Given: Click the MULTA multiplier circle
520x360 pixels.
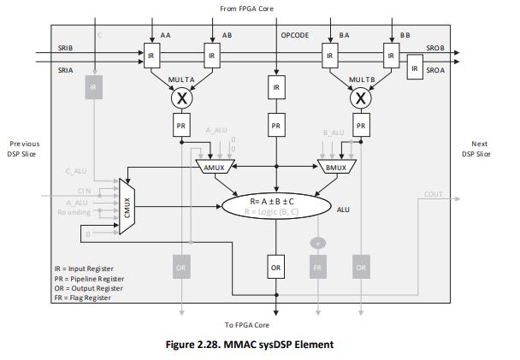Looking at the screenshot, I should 182,98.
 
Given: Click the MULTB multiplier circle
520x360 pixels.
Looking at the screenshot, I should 361,98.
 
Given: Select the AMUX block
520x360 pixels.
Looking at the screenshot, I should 214,167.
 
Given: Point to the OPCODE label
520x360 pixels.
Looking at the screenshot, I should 296,35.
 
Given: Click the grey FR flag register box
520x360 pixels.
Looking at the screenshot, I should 319,266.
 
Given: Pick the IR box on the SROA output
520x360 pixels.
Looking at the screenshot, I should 415,68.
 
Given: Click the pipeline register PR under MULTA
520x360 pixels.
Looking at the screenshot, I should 182,126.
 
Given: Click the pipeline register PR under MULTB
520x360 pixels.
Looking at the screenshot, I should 361,126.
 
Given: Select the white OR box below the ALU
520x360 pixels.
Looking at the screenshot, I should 276,266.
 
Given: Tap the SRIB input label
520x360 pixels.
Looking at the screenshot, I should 65,48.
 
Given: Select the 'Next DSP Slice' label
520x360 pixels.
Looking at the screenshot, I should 480,149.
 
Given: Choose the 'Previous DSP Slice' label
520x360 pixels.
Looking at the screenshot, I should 25,149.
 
